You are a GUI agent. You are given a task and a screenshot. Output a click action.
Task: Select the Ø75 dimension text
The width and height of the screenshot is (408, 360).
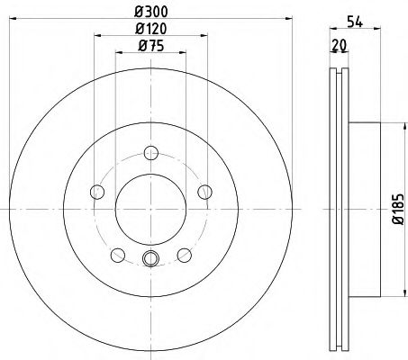coord(149,47)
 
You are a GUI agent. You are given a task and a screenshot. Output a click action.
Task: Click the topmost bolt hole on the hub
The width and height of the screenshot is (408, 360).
coord(150,153)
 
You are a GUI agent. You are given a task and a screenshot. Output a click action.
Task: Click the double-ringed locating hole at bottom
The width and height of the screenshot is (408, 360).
coord(150,260)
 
